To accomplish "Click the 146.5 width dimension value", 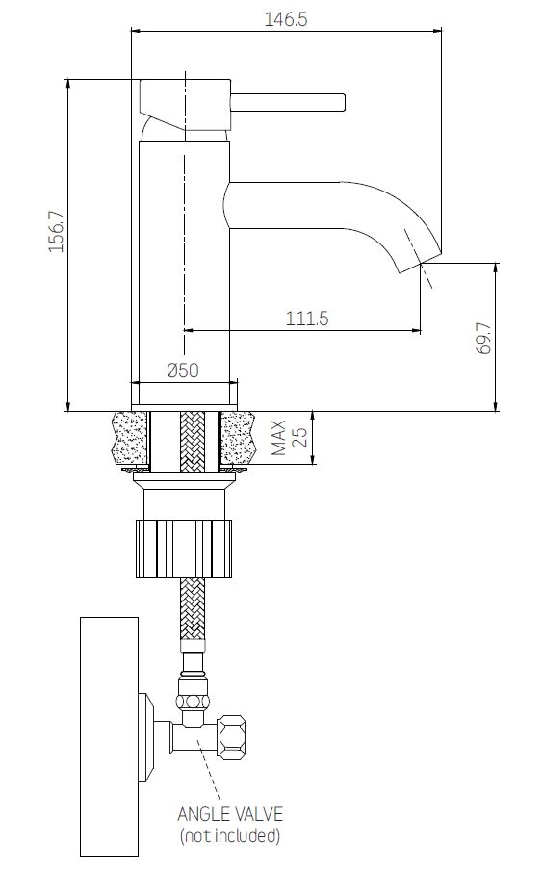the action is click(286, 19).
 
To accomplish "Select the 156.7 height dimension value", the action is click(57, 231).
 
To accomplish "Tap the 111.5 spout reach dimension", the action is click(307, 319).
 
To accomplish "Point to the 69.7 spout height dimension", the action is click(483, 338).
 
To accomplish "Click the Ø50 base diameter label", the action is click(183, 370).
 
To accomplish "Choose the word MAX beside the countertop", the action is click(279, 437).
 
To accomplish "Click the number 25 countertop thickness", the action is click(299, 437).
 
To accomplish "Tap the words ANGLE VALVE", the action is click(230, 813).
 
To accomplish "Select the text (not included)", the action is click(230, 834).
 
